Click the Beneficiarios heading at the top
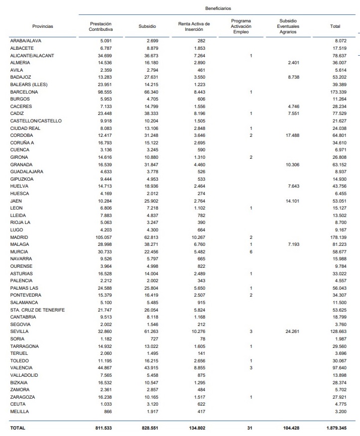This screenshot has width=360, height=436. [218, 8]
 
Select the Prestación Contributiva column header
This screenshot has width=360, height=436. [101, 26]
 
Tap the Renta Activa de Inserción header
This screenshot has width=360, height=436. [194, 26]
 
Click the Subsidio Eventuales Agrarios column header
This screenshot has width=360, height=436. [288, 26]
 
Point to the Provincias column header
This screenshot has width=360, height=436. [42, 26]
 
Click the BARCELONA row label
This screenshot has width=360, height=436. [24, 92]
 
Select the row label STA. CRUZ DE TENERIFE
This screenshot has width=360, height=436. [37, 310]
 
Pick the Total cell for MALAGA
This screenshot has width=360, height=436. [338, 245]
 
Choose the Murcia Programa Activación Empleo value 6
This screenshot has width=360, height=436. [251, 252]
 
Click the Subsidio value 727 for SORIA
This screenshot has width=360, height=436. [152, 339]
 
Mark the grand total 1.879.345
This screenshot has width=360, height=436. [335, 428]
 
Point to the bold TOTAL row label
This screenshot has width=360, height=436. [17, 428]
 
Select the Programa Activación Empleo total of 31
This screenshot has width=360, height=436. [250, 428]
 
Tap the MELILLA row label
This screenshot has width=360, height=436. [19, 412]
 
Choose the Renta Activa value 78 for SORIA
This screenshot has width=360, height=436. [202, 339]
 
